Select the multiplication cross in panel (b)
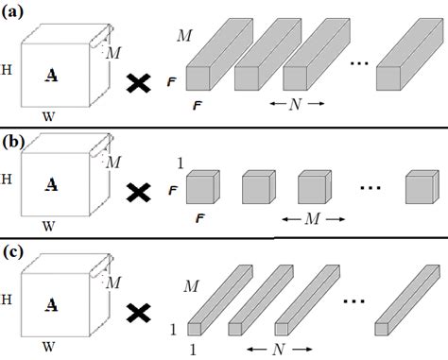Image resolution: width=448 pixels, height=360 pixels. (139, 193)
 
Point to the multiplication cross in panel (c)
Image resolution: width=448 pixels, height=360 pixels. (139, 308)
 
